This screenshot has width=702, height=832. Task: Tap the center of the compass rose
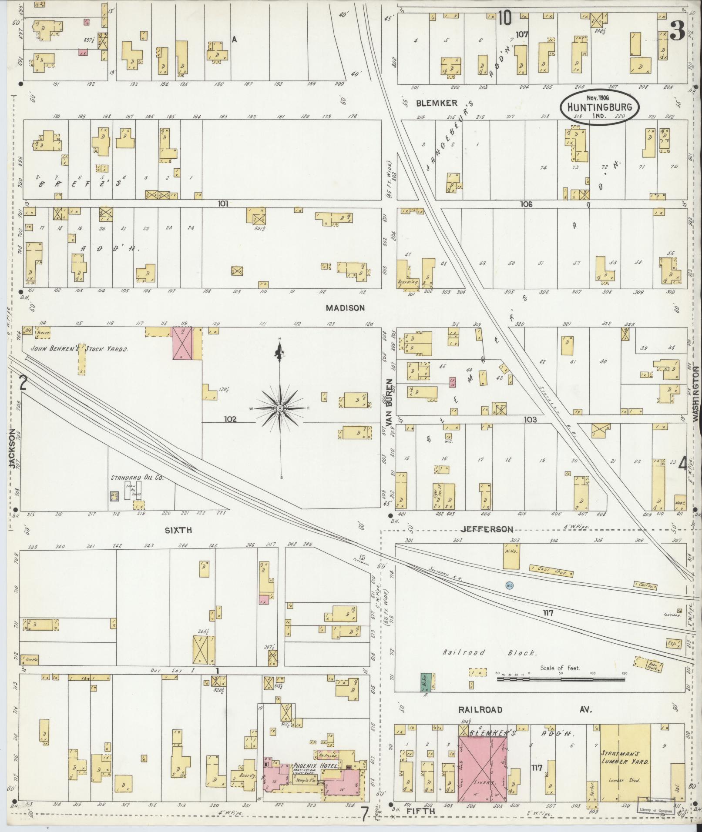tap(280, 408)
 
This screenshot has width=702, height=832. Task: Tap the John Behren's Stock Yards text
tap(79, 349)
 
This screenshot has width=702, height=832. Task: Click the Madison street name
tap(345, 308)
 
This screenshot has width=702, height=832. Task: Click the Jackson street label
tap(13, 448)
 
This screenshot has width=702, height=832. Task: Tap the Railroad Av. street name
tap(480, 709)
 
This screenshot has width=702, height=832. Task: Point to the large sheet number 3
tap(678, 30)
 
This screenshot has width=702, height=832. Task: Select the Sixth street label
tap(178, 530)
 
